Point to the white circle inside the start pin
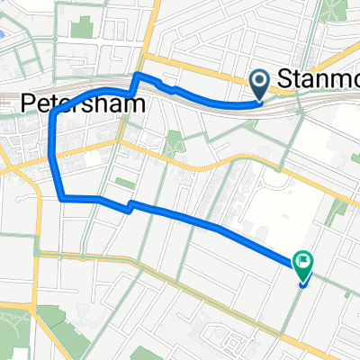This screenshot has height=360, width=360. point(261,82)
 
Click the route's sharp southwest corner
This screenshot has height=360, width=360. point(60,198)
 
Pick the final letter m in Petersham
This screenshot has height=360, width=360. point(137,104)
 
